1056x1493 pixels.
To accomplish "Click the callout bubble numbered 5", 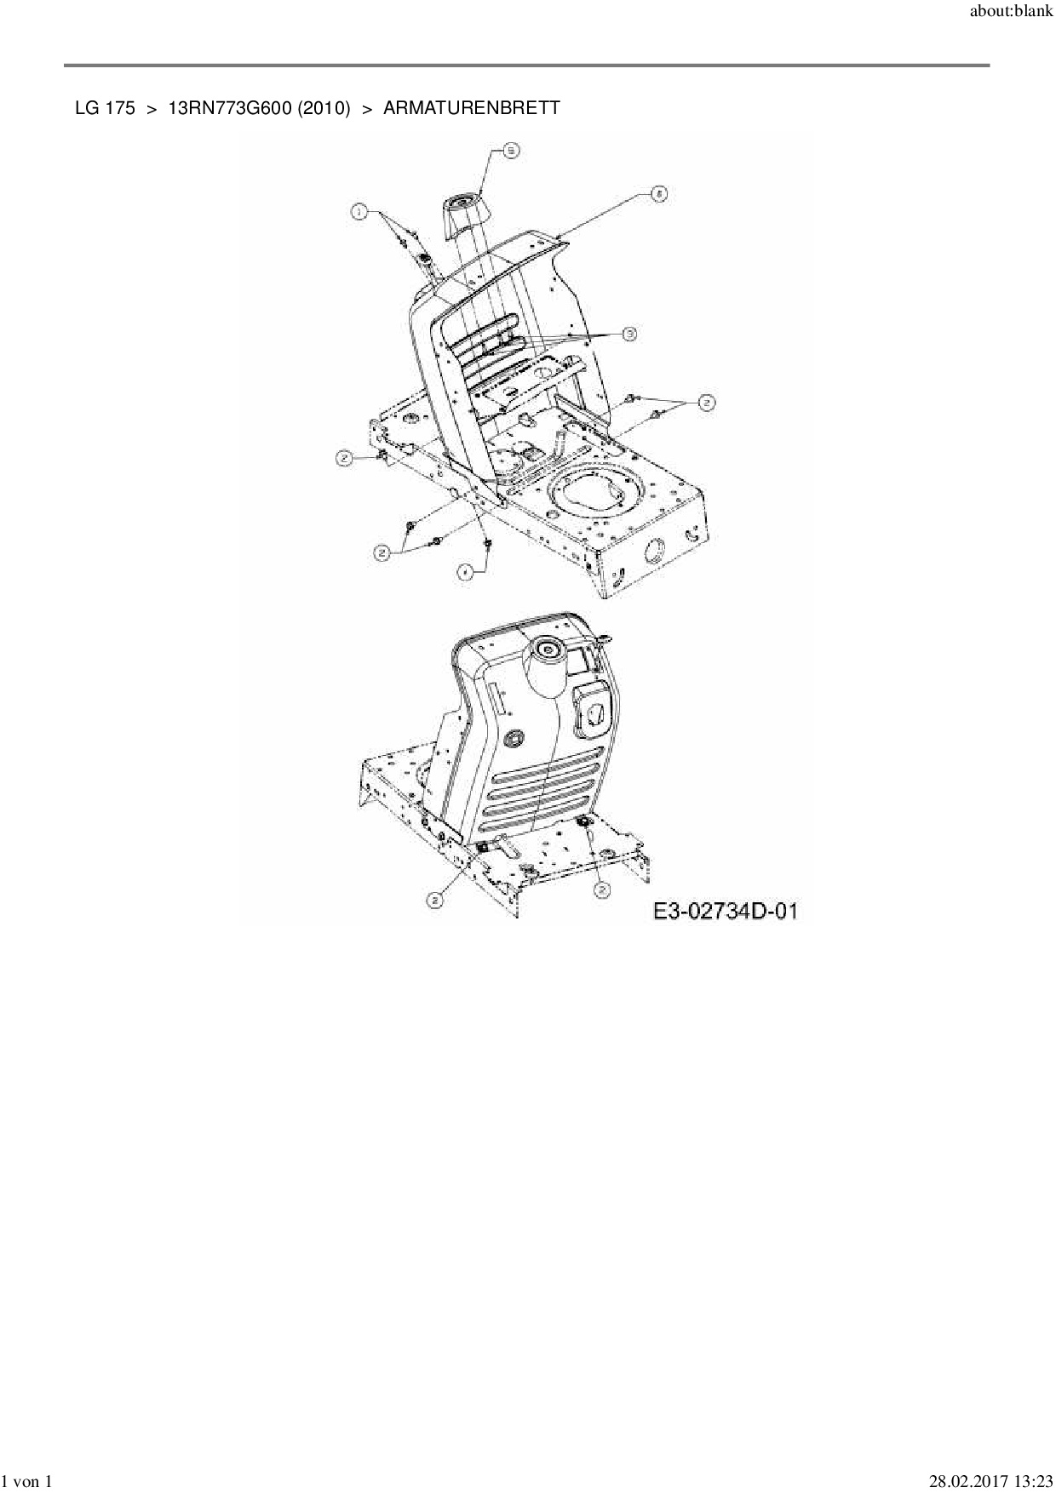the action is click(511, 151).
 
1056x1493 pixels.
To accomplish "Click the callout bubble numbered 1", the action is click(360, 210).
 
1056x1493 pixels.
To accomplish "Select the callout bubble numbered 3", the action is click(629, 335).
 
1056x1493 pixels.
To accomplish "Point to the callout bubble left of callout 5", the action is click(360, 210).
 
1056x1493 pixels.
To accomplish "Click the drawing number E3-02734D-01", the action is click(726, 912).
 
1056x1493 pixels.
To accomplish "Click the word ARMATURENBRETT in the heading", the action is click(472, 108).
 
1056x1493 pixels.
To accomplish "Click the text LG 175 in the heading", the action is click(105, 108).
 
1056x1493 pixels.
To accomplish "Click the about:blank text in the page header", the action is click(1012, 14).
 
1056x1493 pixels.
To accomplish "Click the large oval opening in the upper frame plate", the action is click(594, 491).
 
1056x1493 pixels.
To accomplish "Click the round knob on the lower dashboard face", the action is click(514, 738).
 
